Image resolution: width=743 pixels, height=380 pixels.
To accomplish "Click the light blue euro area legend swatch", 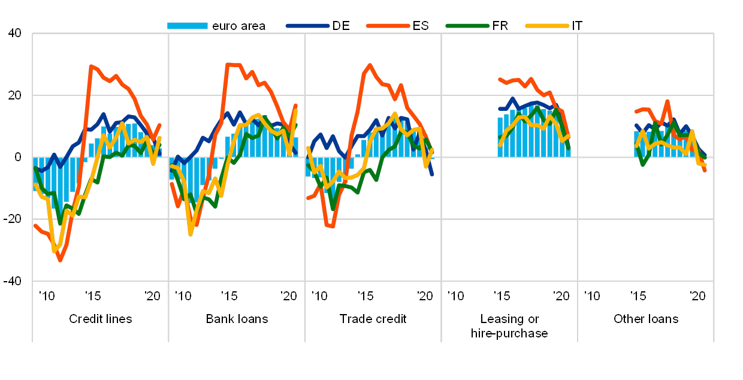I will tap(187, 26).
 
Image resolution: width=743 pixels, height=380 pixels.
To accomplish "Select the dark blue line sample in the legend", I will tap(307, 26).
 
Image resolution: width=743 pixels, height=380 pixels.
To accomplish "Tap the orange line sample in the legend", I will tap(388, 26).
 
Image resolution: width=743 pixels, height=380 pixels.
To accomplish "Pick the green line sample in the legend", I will tap(467, 26).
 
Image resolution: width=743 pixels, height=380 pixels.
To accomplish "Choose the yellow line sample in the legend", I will tap(546, 26).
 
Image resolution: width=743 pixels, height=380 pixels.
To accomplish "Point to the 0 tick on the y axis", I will tap(17, 157).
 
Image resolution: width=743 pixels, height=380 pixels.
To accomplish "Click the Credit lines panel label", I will tap(100, 319).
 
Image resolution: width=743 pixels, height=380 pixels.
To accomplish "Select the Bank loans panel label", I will tap(237, 319).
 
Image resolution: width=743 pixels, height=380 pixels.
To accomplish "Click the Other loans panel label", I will tap(646, 319).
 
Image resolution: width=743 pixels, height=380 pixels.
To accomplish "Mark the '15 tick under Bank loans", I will tap(229, 295).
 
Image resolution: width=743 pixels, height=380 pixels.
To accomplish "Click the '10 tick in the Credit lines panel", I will tap(46, 295).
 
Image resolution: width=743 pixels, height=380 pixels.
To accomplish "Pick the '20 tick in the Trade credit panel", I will tap(425, 295).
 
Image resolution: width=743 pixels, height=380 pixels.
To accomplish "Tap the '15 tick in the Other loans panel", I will tap(639, 295).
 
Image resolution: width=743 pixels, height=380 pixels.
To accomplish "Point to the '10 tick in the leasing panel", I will tap(455, 295).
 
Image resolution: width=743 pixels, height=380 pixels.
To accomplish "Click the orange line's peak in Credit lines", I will tap(91, 66).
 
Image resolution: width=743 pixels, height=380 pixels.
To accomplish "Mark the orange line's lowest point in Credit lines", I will tap(59, 260).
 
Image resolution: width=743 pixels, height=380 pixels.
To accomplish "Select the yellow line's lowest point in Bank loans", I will tap(191, 234).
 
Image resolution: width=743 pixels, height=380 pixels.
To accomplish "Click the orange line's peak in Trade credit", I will tap(370, 65).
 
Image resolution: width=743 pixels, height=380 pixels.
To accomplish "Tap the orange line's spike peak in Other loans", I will tap(667, 101).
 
